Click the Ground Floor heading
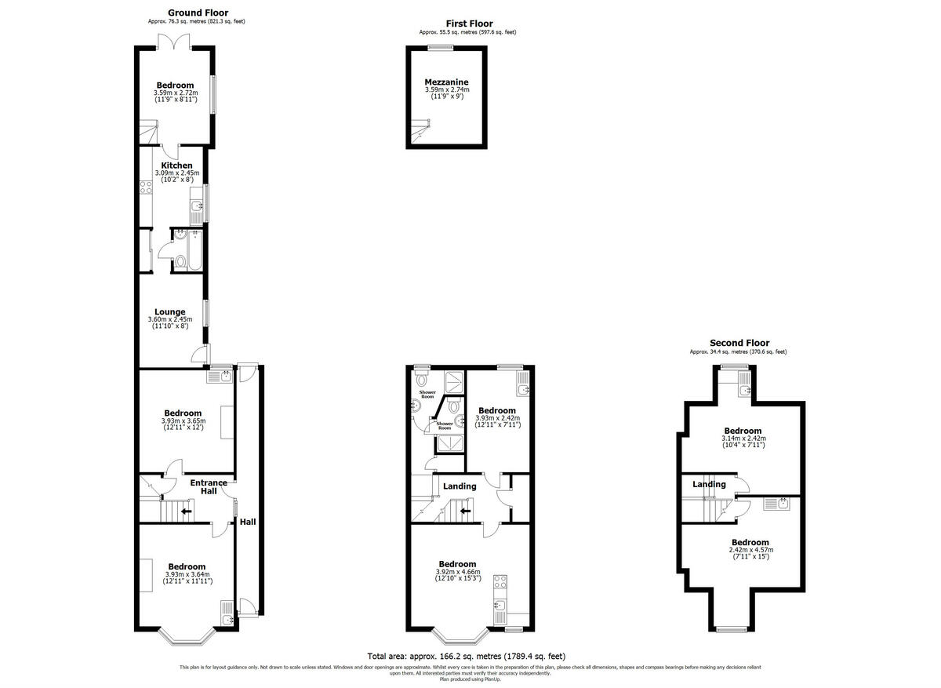point(198,13)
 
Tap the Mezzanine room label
point(446,82)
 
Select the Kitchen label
point(177,166)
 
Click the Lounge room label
point(170,311)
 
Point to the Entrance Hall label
point(209,487)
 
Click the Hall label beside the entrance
point(248,522)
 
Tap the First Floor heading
point(469,24)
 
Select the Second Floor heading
point(739,343)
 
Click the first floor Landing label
point(460,486)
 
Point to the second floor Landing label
point(709,484)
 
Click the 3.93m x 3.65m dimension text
point(183,420)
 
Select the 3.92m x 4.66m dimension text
point(457,572)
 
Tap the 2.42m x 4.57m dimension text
point(750,550)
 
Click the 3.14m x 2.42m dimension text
point(743,439)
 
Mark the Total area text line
point(466,656)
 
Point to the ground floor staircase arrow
point(186,511)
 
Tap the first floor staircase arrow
point(465,511)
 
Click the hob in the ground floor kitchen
point(145,187)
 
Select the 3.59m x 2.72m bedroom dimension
point(175,93)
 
